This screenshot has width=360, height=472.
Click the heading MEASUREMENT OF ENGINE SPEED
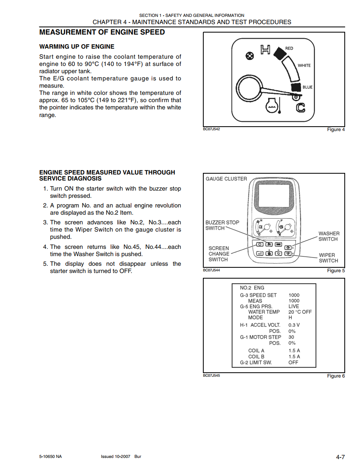102,32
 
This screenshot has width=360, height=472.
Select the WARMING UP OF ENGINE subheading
77,47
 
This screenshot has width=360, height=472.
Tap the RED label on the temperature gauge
289,48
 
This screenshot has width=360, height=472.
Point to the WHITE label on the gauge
304,65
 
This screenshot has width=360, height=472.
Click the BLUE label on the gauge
307,87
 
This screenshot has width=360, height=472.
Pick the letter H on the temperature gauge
265,49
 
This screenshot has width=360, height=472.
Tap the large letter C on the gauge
301,107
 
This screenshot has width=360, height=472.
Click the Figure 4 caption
336,129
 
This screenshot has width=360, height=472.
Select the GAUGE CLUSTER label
226,179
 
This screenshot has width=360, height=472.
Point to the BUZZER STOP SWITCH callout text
222,225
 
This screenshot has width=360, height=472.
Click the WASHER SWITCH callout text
329,236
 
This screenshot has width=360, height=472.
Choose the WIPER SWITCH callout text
328,258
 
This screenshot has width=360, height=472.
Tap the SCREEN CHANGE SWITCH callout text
219,254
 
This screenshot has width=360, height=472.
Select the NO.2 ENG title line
252,288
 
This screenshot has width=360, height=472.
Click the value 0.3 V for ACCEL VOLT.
294,325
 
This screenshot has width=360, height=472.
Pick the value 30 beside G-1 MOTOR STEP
291,337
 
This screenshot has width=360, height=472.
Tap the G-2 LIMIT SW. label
256,362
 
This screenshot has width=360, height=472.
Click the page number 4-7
340,457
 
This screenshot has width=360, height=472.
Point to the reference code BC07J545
211,376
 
